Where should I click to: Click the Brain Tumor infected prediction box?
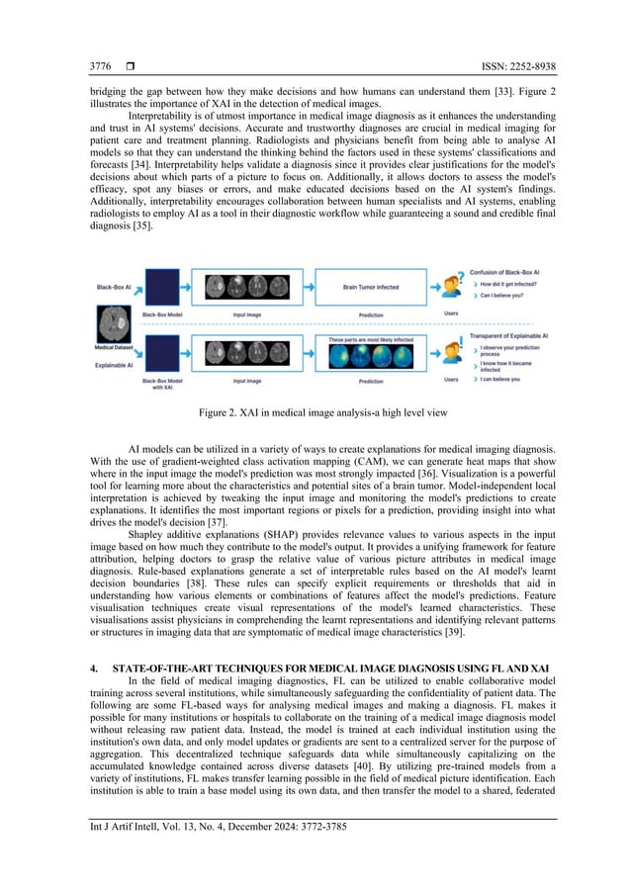[371, 288]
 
